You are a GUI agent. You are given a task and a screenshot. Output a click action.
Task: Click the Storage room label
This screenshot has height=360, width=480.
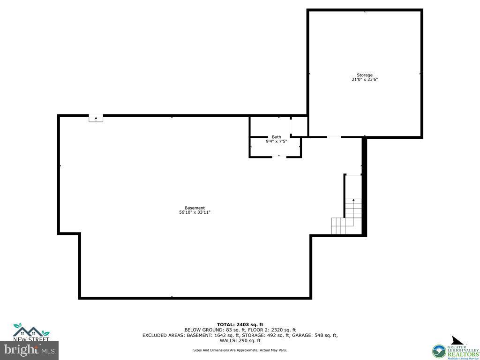click(x=365, y=75)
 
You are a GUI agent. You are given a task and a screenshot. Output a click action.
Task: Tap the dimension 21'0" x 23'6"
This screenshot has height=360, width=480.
click(x=365, y=80)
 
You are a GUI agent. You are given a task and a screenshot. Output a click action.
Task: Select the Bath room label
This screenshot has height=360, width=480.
click(x=277, y=137)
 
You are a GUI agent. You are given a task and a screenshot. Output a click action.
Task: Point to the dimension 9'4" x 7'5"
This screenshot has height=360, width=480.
click(x=277, y=141)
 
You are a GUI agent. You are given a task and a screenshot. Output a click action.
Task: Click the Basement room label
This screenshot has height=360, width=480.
click(x=195, y=208)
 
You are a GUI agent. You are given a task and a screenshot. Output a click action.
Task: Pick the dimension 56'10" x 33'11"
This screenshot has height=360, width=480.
click(x=195, y=212)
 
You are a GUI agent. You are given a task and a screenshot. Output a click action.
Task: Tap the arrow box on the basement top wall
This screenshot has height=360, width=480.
click(x=96, y=119)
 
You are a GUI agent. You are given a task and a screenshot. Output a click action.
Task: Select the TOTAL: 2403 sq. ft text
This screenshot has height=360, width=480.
click(x=240, y=324)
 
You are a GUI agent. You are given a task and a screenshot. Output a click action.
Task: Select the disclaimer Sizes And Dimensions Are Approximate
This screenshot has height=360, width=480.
click(x=240, y=350)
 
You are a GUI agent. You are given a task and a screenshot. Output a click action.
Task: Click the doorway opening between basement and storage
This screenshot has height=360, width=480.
click(x=334, y=137)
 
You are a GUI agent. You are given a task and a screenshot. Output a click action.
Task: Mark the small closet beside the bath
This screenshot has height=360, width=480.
click(x=299, y=127)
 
